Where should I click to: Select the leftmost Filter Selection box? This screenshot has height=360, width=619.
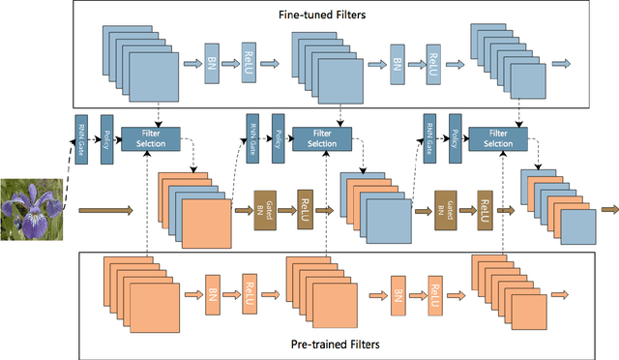154,137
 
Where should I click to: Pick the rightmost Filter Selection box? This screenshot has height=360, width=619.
497,137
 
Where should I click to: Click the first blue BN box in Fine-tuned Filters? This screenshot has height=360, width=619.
211,64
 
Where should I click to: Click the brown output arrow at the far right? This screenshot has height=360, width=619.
608,209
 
